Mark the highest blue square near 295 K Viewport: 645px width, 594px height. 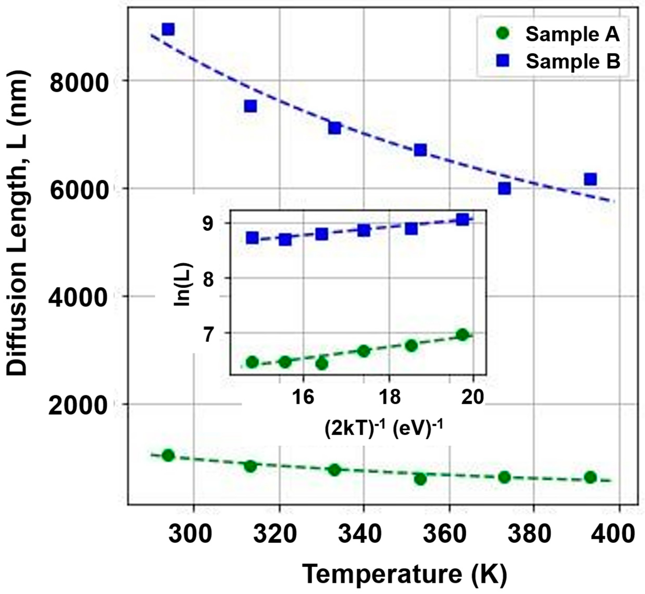[x=168, y=29]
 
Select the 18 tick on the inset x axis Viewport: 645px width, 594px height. [x=389, y=397]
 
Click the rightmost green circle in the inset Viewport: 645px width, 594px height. [x=463, y=335]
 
